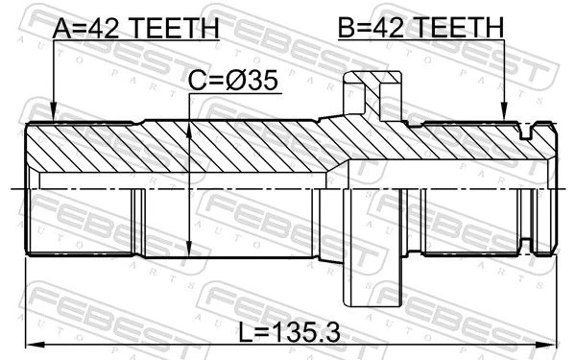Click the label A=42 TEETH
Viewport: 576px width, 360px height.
[135, 28]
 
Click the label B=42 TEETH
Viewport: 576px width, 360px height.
[421, 27]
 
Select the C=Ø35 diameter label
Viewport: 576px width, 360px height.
[233, 81]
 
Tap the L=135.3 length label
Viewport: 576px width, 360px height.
[290, 332]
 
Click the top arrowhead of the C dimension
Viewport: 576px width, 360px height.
[188, 131]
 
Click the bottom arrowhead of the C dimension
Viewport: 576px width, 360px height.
[188, 249]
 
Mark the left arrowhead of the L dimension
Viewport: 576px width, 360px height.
[33, 345]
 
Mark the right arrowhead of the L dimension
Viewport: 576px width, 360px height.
[547, 345]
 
